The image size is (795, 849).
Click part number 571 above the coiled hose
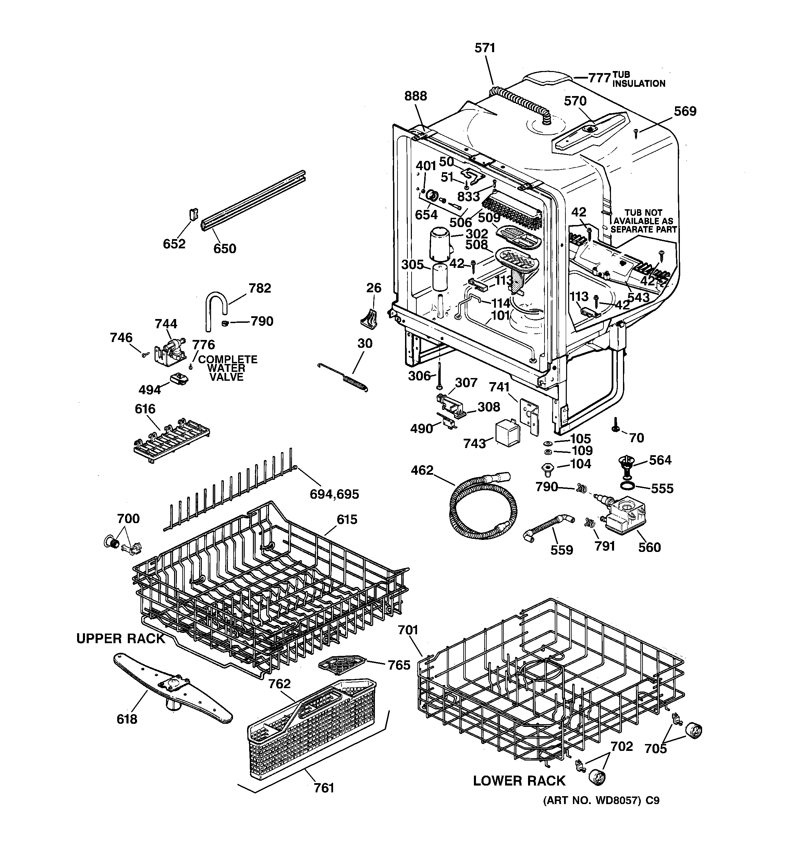485,48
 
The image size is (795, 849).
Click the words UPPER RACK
120,638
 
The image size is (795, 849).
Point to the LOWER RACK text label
519,781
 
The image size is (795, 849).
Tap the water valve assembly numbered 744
171,351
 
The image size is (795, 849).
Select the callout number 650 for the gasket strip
224,249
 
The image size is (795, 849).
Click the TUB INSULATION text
638,80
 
